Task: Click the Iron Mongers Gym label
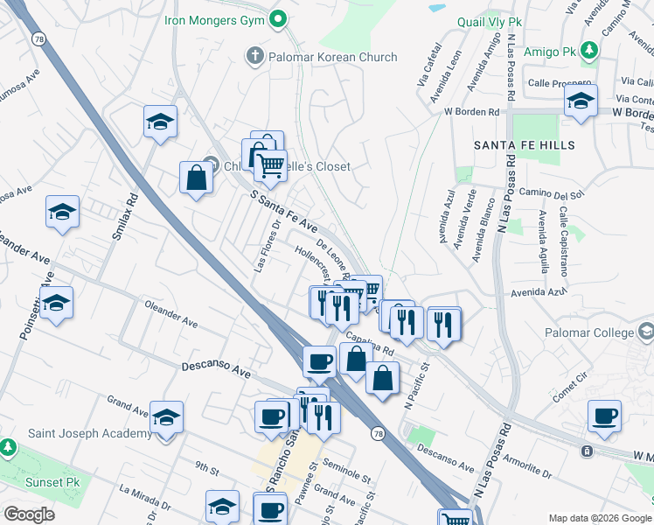214,17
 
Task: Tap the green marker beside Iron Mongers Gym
279,17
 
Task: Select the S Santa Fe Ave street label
283,213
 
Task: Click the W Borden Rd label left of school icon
470,112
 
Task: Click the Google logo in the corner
28,514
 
